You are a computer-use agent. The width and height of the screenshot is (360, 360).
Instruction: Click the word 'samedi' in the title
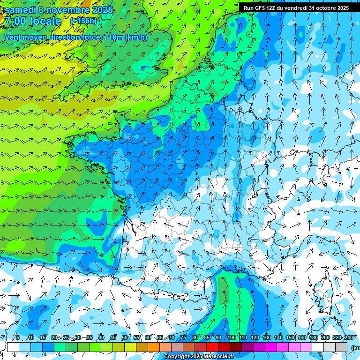20,10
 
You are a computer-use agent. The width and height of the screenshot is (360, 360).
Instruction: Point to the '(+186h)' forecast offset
83,21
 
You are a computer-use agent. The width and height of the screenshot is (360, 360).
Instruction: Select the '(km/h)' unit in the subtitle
136,37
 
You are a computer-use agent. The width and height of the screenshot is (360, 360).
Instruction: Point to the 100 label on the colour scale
231,338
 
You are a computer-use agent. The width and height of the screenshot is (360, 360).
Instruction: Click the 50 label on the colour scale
125,338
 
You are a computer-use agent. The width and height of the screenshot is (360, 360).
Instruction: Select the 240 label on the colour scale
349,338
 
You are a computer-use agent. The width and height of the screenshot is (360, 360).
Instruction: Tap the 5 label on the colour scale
18,338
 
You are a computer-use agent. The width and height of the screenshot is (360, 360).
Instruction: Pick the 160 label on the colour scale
302,338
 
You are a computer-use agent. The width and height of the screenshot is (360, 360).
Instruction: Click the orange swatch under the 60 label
154,347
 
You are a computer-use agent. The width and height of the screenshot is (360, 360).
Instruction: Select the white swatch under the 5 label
13,347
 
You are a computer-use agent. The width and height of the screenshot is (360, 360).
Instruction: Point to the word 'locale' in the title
45,21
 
